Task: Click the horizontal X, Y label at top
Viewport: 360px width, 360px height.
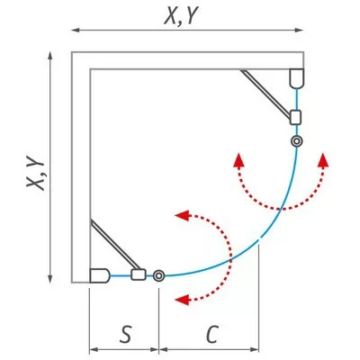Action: click(181, 16)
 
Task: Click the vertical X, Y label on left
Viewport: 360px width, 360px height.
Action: click(36, 173)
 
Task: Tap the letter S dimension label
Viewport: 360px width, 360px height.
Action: click(125, 334)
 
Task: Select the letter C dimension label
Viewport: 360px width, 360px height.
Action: click(211, 334)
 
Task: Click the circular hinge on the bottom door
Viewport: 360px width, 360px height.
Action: click(158, 275)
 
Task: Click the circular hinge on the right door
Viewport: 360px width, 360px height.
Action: click(297, 141)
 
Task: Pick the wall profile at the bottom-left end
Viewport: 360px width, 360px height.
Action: click(100, 275)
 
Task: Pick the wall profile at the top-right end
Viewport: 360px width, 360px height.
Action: click(297, 78)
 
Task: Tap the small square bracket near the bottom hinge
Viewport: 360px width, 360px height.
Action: click(139, 274)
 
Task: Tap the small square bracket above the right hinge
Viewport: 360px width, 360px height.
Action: click(295, 117)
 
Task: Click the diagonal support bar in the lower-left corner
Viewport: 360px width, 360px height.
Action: click(115, 244)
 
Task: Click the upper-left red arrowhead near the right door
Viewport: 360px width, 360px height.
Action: click(238, 159)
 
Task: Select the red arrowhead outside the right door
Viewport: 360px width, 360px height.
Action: click(323, 159)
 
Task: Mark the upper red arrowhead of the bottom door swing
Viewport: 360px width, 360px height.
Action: click(182, 215)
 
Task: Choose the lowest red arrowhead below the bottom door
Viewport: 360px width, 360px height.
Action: click(182, 300)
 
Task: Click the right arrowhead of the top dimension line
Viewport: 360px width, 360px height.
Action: click(299, 30)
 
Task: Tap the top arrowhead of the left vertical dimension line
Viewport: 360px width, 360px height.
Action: click(50, 56)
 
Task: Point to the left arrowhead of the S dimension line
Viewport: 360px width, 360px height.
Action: click(94, 349)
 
